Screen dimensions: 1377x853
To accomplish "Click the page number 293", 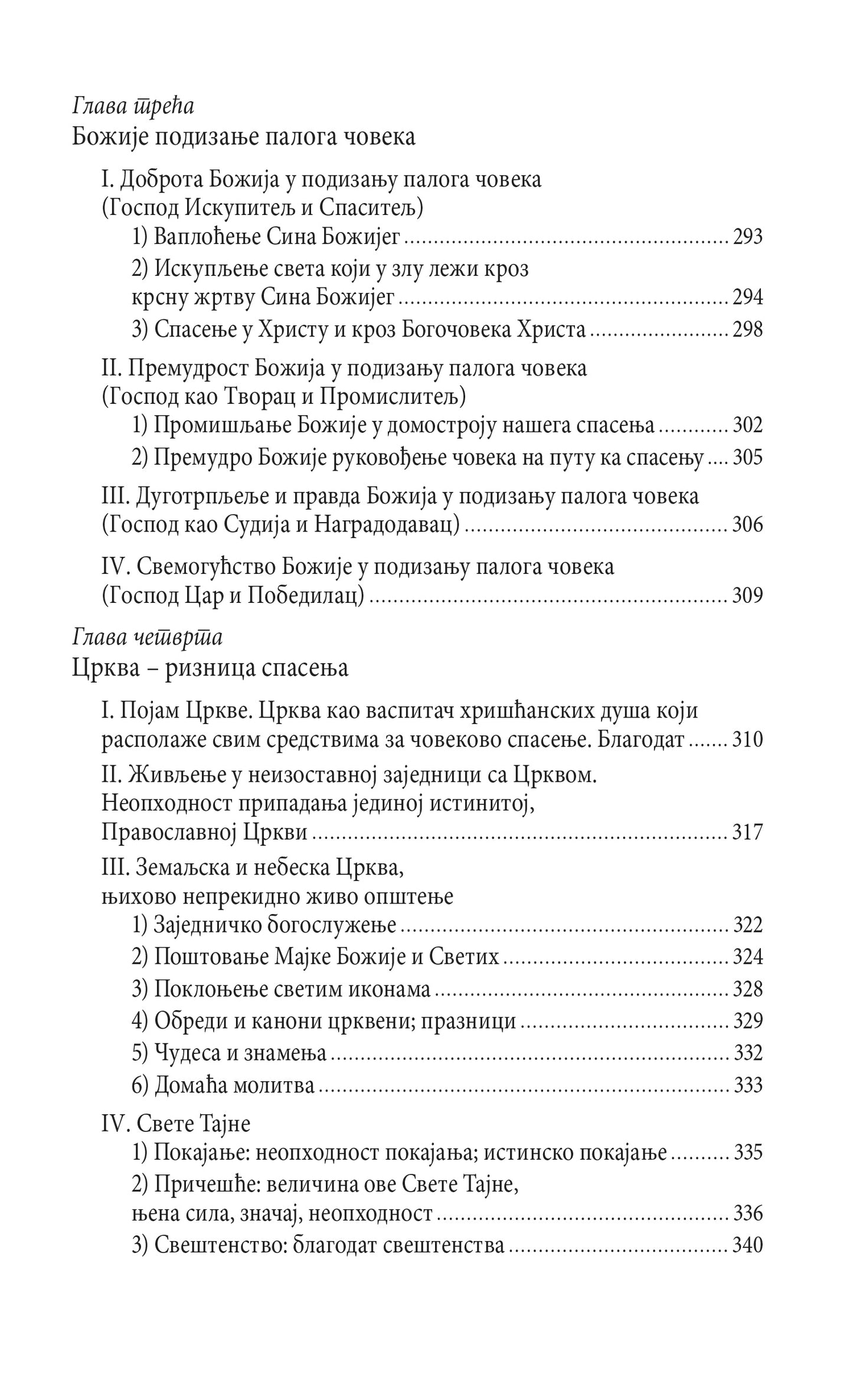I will (747, 237).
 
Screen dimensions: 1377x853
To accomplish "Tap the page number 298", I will (747, 329).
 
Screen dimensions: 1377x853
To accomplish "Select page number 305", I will (747, 457).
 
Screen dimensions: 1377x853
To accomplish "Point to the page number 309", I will (747, 595).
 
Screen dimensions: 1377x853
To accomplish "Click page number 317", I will (747, 832).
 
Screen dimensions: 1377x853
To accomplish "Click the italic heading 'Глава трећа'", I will (133, 107).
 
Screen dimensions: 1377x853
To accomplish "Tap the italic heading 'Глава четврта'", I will (147, 638).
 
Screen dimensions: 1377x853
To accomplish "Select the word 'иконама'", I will (393, 989).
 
